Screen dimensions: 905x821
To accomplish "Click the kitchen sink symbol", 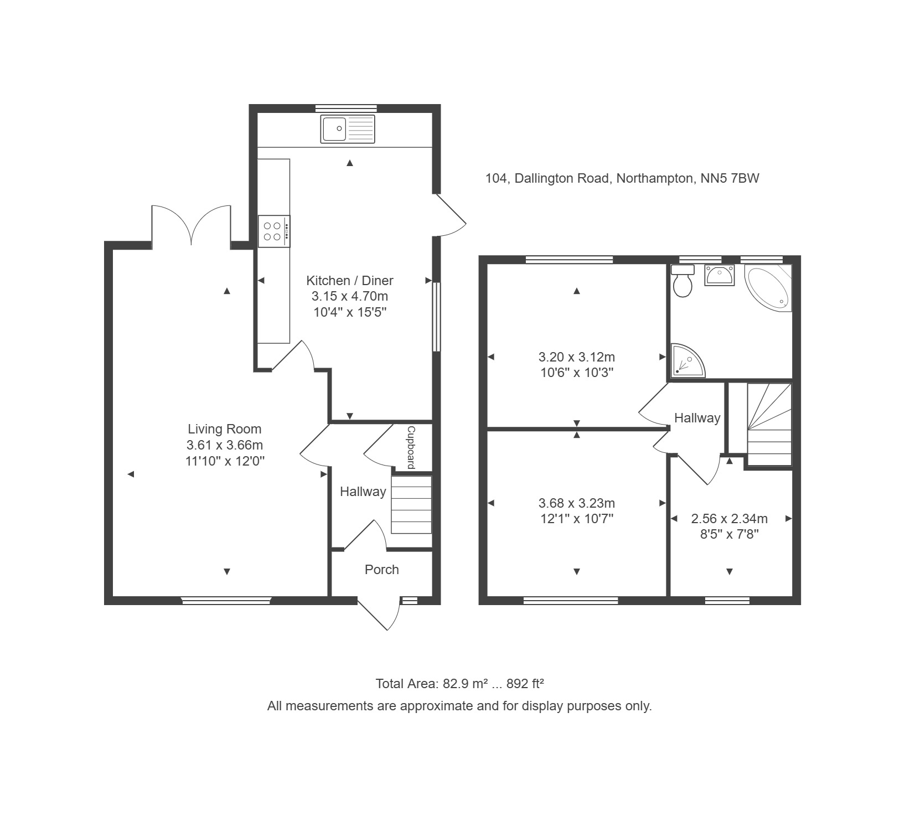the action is [348, 129].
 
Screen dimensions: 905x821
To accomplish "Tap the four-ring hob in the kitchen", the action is [274, 231].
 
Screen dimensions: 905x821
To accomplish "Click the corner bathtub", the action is [768, 288].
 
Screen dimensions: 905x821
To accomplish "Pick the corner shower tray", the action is [687, 360].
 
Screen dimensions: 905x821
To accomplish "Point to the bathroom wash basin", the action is [719, 275].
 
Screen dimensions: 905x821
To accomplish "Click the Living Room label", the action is [225, 429].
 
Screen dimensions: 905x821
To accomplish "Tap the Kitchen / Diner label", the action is [350, 281].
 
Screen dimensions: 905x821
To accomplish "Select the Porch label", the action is [382, 570].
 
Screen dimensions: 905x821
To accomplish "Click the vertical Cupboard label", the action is [411, 447].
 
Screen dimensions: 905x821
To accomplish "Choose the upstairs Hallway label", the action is [697, 418].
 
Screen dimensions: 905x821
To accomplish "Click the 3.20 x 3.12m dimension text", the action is [577, 357].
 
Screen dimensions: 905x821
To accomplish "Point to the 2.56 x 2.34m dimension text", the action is [730, 519].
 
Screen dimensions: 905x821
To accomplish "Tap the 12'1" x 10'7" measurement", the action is [577, 519].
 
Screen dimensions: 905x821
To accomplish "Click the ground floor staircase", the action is [411, 504].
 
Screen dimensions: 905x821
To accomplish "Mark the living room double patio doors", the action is [191, 225].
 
